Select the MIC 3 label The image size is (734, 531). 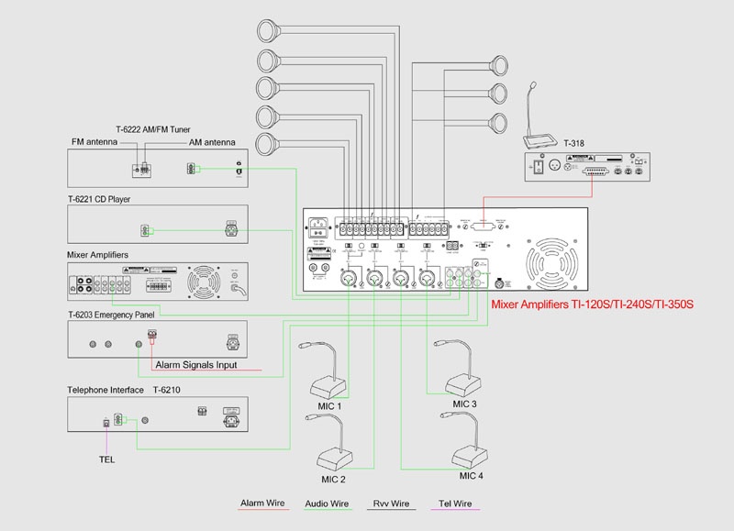pos(465,404)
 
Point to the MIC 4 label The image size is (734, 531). pos(472,476)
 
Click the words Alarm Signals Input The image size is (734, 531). pos(196,364)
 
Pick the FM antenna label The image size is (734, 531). pos(95,142)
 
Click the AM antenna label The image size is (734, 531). pos(212,142)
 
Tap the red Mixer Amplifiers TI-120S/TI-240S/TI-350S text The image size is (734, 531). pos(591,304)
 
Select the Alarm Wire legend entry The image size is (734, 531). pos(261,503)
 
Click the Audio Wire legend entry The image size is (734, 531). pos(327,503)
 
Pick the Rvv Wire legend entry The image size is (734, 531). pos(392,503)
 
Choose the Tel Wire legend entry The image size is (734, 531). pos(455,503)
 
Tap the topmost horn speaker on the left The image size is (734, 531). pos(272,30)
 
